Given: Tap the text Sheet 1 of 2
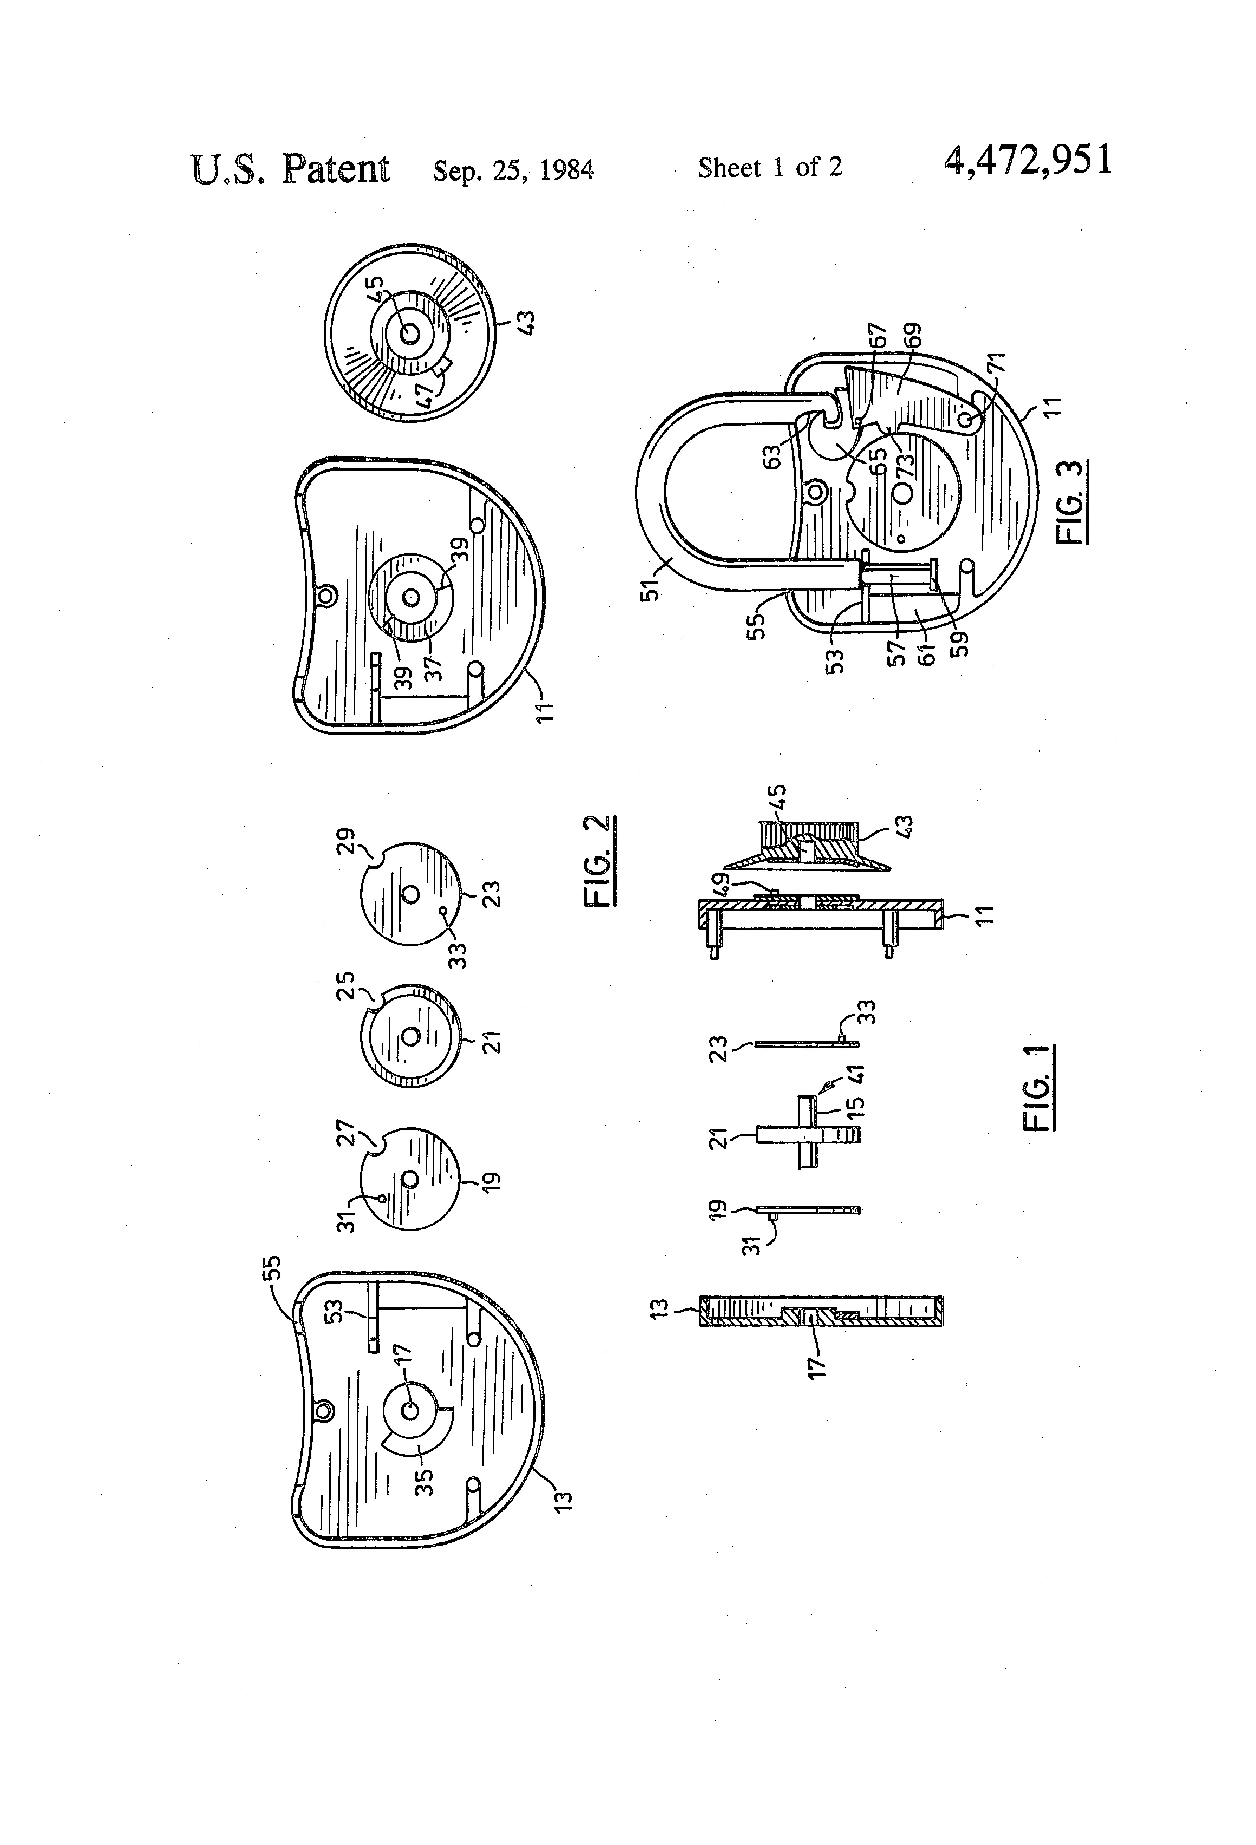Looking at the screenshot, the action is tap(769, 168).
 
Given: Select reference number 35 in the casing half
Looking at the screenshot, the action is tap(425, 1482).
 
